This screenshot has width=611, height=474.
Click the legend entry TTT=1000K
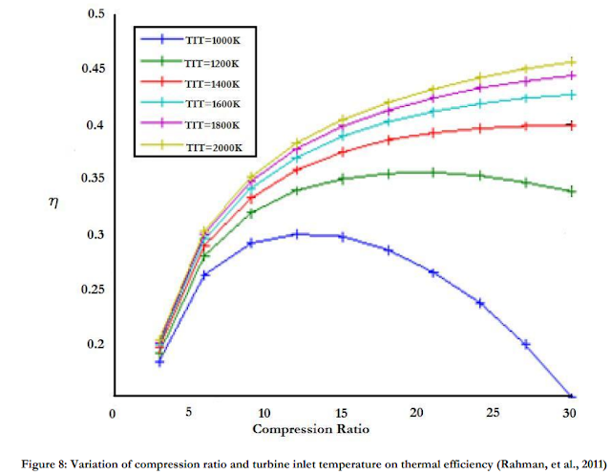pos(206,40)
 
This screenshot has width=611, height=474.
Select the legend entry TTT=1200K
pos(206,61)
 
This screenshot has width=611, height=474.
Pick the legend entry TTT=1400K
pos(206,82)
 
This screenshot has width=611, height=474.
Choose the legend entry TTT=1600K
pos(206,103)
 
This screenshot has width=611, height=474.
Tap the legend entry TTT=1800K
pos(206,124)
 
